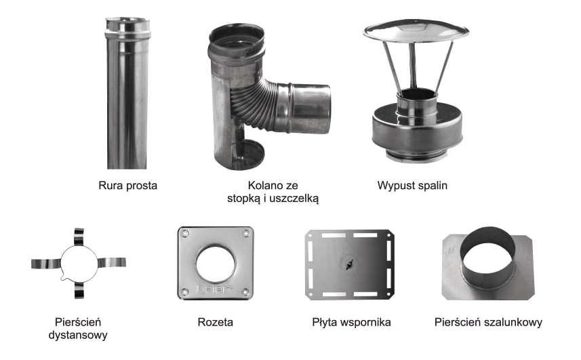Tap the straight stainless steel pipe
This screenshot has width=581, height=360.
[127, 102]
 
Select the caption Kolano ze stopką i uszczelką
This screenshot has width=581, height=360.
[273, 192]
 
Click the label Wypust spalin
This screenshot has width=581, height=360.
[412, 185]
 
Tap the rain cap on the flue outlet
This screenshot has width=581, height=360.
[415, 32]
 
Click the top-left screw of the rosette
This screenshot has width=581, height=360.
[185, 234]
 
